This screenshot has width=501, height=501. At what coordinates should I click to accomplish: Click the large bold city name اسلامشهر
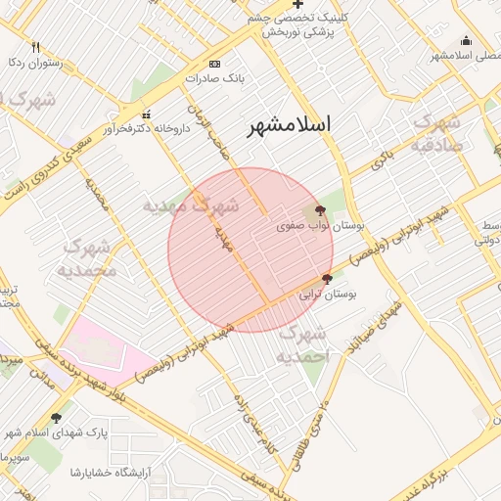(289, 124)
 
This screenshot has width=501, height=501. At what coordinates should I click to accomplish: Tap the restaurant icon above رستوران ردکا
(36, 47)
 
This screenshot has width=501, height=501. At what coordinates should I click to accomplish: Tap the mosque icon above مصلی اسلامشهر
(466, 40)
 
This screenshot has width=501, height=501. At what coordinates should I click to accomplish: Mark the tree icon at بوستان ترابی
(327, 279)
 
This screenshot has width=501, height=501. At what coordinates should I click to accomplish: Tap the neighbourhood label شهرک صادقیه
(435, 134)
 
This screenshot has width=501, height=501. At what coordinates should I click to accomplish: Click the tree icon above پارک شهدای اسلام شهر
(56, 418)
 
